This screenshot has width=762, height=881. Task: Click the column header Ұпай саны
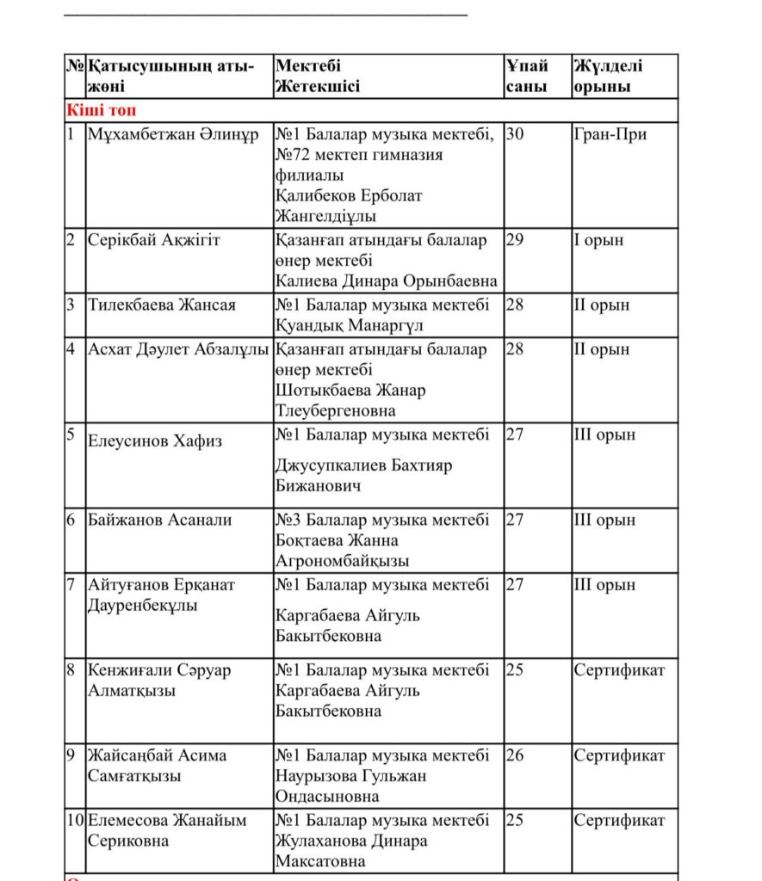point(526,76)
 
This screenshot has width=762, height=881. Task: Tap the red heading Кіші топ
point(101,110)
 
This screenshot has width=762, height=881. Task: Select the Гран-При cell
point(610,134)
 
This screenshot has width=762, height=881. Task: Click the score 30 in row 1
point(515,134)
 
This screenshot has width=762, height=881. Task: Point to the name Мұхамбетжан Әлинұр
point(172,134)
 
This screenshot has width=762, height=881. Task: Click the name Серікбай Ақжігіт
point(154,240)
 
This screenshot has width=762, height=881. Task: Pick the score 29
point(515,240)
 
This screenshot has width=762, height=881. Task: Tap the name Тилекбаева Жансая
point(162,305)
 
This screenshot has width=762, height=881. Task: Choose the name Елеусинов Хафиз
point(155,441)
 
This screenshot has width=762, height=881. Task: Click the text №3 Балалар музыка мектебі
point(382,520)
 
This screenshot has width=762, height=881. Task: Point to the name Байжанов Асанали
point(159,520)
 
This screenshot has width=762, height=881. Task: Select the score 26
point(515,755)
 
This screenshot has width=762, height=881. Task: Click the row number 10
point(76,820)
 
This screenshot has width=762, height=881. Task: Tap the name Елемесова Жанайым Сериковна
point(167,830)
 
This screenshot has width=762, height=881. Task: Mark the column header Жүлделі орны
point(608,76)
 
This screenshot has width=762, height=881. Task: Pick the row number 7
point(71,585)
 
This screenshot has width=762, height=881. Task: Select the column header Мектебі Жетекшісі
point(318,76)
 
